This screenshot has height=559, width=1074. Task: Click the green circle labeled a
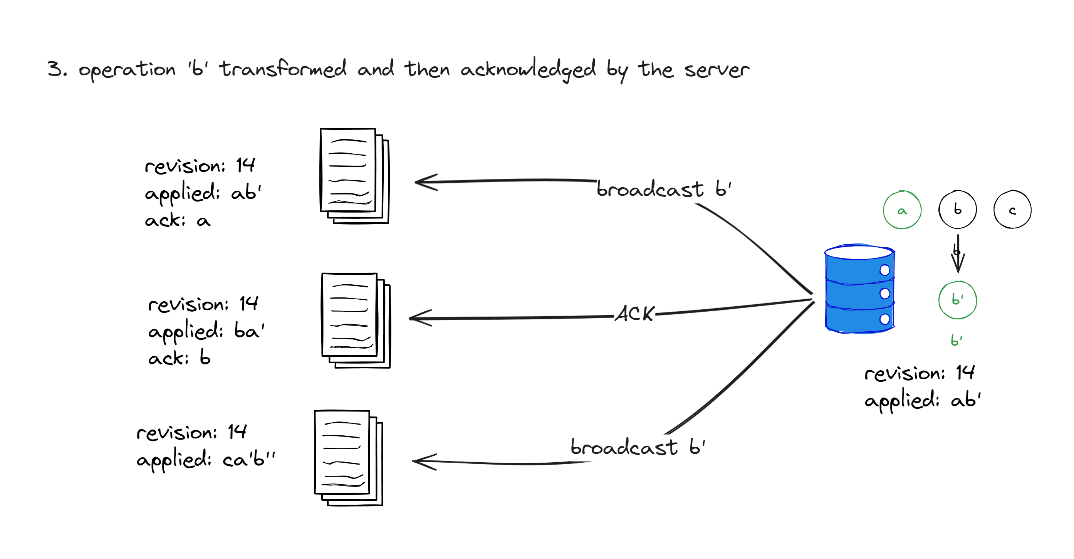[902, 210]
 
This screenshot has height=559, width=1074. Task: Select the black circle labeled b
[957, 209]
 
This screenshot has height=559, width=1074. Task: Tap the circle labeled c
[1012, 210]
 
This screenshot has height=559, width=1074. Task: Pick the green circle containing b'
[957, 300]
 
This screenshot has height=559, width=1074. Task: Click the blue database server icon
[860, 289]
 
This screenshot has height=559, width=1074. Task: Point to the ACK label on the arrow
[635, 314]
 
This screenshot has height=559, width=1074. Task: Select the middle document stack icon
[356, 320]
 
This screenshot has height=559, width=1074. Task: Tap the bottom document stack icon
[349, 458]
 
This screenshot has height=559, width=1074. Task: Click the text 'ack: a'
[178, 220]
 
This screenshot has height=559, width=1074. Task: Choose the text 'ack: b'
[179, 358]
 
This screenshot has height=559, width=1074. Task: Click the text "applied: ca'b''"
[206, 459]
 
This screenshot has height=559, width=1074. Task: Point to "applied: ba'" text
[206, 331]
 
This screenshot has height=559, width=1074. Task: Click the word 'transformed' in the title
[283, 69]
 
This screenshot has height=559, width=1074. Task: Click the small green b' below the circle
[957, 340]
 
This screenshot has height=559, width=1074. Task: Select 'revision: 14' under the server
[919, 373]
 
